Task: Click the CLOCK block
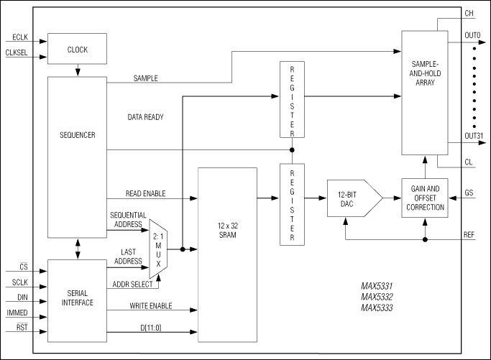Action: [77, 49]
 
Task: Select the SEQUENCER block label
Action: [77, 134]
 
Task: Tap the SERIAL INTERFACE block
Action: [77, 297]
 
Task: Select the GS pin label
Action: [469, 195]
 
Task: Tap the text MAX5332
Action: [377, 297]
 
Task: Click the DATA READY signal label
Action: [146, 116]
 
